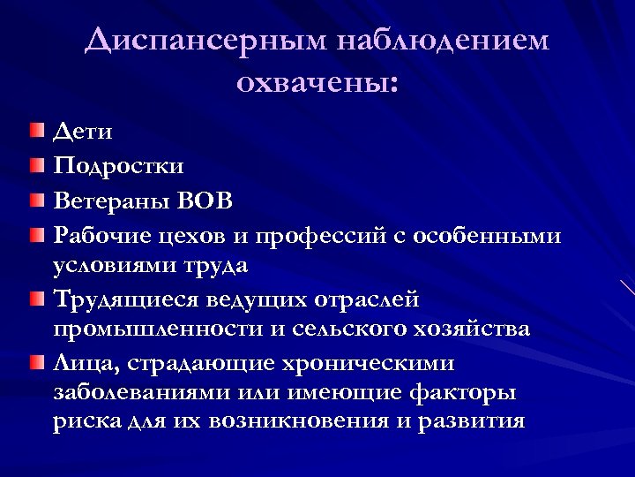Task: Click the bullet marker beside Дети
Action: tap(34, 132)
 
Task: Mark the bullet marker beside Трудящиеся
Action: tap(34, 299)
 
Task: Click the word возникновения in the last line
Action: tap(299, 421)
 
